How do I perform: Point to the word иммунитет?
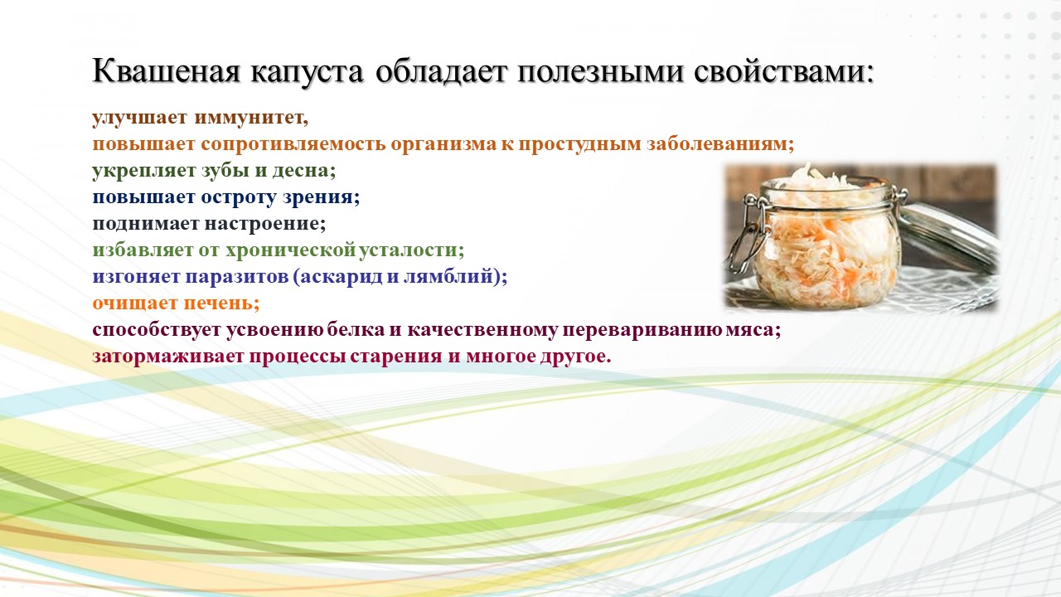click(251, 118)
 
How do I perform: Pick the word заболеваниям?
click(720, 144)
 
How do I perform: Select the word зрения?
click(321, 197)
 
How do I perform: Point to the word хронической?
click(290, 250)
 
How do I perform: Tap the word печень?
click(221, 303)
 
